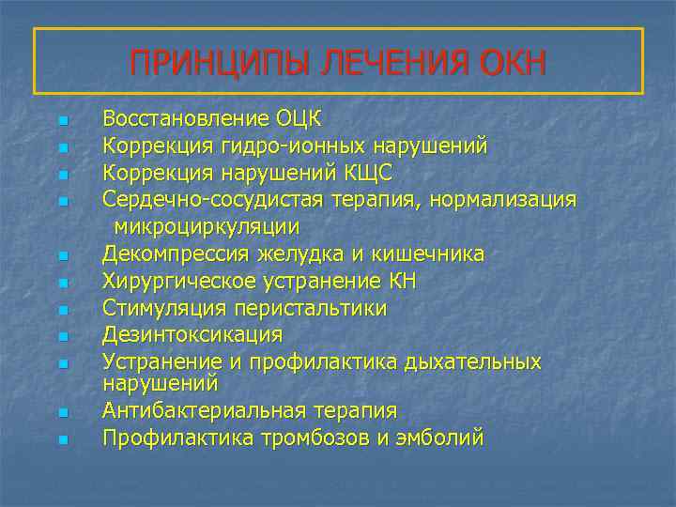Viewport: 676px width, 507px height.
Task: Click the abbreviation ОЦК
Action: [298, 119]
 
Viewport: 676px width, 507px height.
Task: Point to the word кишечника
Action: [433, 253]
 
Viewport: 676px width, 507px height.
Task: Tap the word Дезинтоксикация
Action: [192, 334]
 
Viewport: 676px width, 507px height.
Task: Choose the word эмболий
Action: [441, 438]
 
